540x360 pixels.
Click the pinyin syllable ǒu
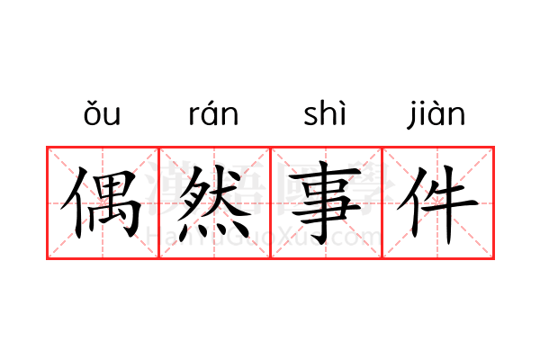pos(102,113)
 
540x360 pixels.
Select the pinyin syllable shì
pos(324,112)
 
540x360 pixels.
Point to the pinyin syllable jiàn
pos(436,114)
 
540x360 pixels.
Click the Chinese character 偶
pos(102,202)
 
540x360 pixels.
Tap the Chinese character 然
pos(213,202)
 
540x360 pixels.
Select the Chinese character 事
pos(325,202)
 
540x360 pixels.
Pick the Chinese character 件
pos(437,204)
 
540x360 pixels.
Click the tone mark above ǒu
pos(92,103)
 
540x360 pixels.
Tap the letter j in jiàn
pos(411,116)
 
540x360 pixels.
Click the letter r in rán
pos(193,116)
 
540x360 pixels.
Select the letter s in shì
pos(310,116)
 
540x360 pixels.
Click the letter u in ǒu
pos(112,116)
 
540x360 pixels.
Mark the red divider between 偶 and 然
pos(158,202)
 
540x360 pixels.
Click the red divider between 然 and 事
pos(270,202)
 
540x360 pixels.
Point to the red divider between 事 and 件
pos(382,202)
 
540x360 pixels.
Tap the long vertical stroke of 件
pos(447,205)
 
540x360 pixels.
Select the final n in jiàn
pos(458,116)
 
